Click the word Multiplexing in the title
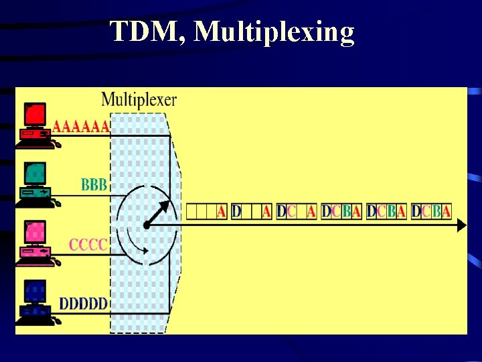[274, 32]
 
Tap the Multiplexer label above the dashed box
[139, 101]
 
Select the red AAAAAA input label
[81, 126]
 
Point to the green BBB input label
[94, 184]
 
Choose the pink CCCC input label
[88, 244]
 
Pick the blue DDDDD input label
[83, 304]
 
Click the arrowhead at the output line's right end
[461, 226]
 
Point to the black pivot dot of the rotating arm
[145, 225]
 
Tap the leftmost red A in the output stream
[222, 212]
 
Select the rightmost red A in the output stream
[446, 212]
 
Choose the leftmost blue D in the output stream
[236, 212]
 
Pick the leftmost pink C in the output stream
[291, 212]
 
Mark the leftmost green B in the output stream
[346, 212]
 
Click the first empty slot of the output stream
[191, 212]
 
